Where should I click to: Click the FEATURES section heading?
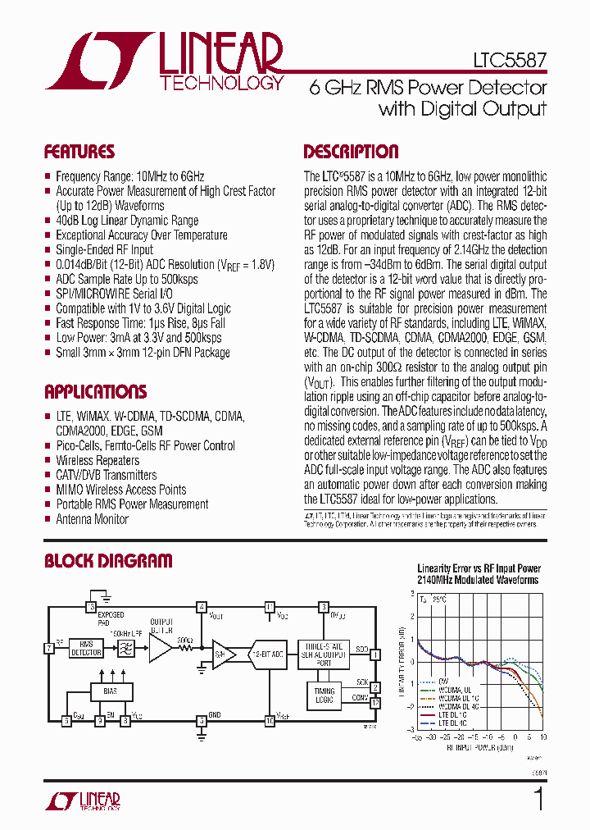(x=79, y=152)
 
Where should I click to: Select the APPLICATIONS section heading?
(x=95, y=391)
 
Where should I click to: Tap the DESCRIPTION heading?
(x=351, y=152)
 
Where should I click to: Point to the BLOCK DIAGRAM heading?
(x=108, y=561)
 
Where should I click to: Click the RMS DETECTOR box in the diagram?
(x=86, y=649)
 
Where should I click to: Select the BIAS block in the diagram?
(x=110, y=691)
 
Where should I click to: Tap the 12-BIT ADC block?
(x=267, y=654)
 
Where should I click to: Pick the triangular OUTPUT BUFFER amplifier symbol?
(x=160, y=650)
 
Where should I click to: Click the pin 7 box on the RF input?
(x=50, y=649)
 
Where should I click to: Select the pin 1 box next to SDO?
(x=374, y=654)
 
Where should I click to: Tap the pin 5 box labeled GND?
(x=201, y=721)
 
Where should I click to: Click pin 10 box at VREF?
(x=269, y=721)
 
